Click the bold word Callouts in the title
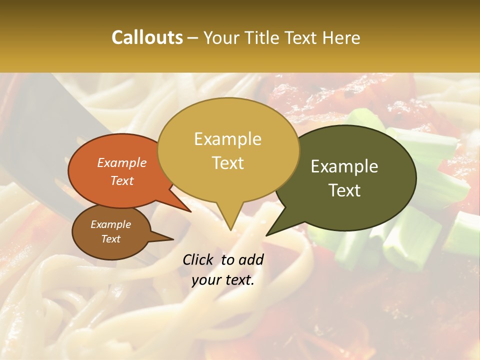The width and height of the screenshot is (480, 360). [147, 37]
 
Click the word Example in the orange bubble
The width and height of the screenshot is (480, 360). [121, 162]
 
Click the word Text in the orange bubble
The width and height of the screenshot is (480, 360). [121, 180]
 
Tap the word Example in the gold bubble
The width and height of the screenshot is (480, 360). [227, 139]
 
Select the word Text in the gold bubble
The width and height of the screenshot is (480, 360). [227, 162]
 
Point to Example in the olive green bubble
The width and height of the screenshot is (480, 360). [344, 166]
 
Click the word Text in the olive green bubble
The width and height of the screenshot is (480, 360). [344, 190]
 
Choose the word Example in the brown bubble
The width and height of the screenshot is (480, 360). [110, 224]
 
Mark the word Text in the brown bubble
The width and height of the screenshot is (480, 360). [110, 239]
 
